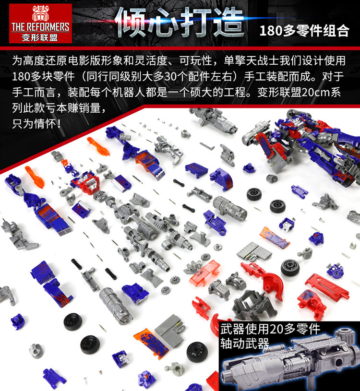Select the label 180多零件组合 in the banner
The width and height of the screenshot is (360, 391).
click(x=304, y=31)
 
